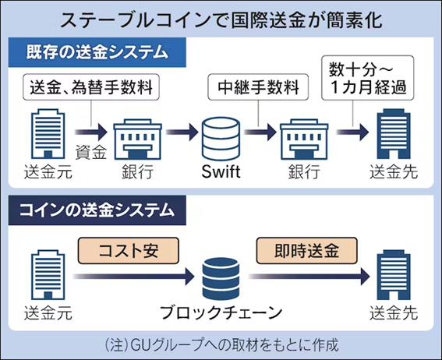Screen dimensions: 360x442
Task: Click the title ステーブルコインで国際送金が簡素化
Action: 221,19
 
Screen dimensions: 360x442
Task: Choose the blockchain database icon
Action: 221,274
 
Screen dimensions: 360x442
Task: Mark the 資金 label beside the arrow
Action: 90,152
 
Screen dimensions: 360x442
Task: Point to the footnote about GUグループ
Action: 221,344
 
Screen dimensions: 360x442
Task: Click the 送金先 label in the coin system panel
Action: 394,315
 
